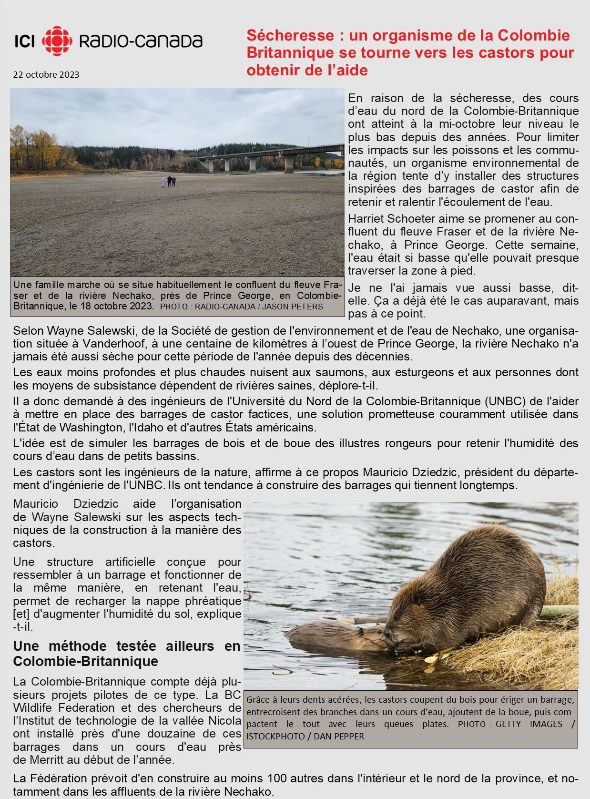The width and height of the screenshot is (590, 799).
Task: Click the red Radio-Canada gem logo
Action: [57, 41]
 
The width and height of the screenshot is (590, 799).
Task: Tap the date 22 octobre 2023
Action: [46, 75]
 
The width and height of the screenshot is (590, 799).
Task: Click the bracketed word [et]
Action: [21, 614]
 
